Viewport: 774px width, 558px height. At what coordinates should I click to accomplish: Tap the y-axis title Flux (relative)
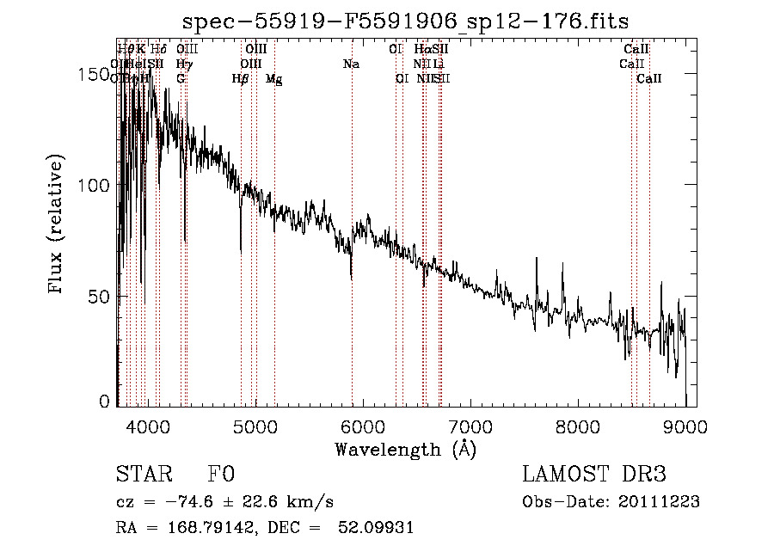tap(58, 225)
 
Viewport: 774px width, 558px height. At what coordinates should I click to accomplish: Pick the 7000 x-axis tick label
tap(470, 426)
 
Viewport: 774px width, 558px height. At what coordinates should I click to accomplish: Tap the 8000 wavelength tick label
tap(578, 426)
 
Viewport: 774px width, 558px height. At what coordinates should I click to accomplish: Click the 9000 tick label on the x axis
tap(685, 426)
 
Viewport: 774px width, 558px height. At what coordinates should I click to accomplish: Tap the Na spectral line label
tap(351, 64)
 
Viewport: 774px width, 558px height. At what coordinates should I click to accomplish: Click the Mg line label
tap(274, 79)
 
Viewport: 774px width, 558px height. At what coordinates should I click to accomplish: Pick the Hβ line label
tap(241, 79)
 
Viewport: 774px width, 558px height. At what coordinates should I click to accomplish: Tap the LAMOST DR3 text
tap(594, 475)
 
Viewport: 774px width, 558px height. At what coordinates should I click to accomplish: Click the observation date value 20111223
tap(660, 502)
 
